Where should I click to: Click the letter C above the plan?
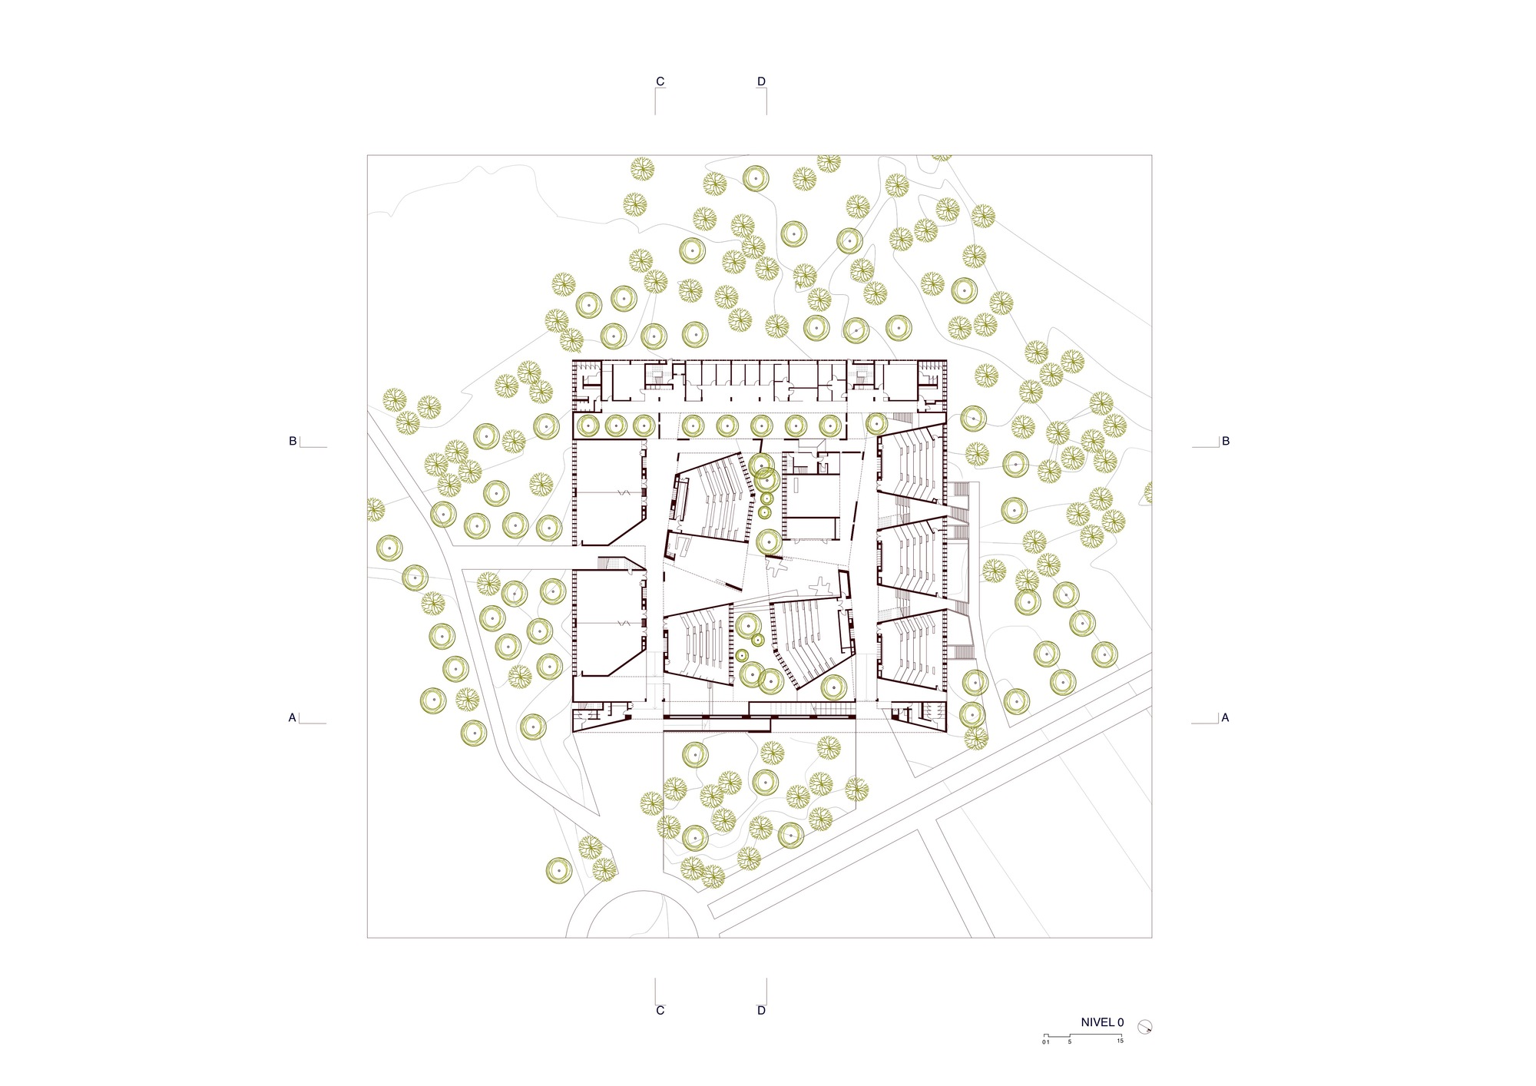(660, 81)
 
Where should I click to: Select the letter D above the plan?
(761, 81)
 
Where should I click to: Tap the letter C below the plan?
(660, 1011)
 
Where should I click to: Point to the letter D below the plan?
(761, 1011)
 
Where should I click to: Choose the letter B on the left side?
(293, 442)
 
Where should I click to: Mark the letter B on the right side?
(1226, 442)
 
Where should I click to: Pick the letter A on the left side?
(292, 718)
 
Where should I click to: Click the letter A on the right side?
(1225, 718)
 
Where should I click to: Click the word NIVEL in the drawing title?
(1097, 1022)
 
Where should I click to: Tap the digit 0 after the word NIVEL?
(1121, 1022)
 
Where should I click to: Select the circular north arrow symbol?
(1144, 1026)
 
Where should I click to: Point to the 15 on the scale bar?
(1120, 1041)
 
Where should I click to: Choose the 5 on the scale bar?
(1069, 1042)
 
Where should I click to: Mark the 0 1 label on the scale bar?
(1046, 1042)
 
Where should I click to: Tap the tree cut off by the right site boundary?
(1148, 492)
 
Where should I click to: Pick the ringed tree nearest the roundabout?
(558, 870)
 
